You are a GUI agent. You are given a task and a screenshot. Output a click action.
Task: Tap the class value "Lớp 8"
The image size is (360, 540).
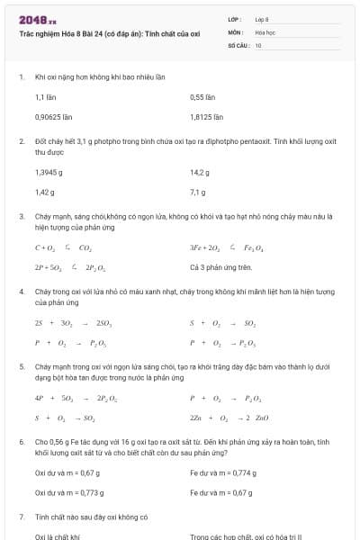click(262, 19)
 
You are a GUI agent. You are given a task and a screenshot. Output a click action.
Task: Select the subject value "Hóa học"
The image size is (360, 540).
click(265, 31)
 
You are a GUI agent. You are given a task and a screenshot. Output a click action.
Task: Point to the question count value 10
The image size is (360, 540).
click(258, 44)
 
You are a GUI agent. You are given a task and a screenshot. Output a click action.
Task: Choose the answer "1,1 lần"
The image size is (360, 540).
click(47, 96)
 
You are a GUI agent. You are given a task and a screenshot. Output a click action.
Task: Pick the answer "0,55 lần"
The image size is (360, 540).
click(202, 96)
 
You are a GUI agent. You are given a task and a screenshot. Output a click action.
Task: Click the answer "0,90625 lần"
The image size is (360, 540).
click(53, 116)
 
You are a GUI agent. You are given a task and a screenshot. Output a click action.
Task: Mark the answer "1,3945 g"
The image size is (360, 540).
click(49, 172)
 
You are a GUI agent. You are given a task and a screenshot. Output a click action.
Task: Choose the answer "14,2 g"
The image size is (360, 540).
click(200, 172)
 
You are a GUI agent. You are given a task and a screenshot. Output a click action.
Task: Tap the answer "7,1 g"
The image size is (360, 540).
click(198, 192)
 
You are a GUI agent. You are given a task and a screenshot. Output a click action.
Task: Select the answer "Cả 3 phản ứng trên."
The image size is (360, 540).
click(220, 267)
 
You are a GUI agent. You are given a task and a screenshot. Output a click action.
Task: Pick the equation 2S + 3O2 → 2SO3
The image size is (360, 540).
click(61, 323)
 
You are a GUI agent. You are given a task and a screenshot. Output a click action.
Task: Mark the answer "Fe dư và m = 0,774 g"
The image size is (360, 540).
click(223, 472)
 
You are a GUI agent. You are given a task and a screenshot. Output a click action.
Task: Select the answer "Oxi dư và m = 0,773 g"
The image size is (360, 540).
click(68, 492)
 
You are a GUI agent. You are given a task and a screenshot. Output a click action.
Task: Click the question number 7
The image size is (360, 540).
click(21, 517)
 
